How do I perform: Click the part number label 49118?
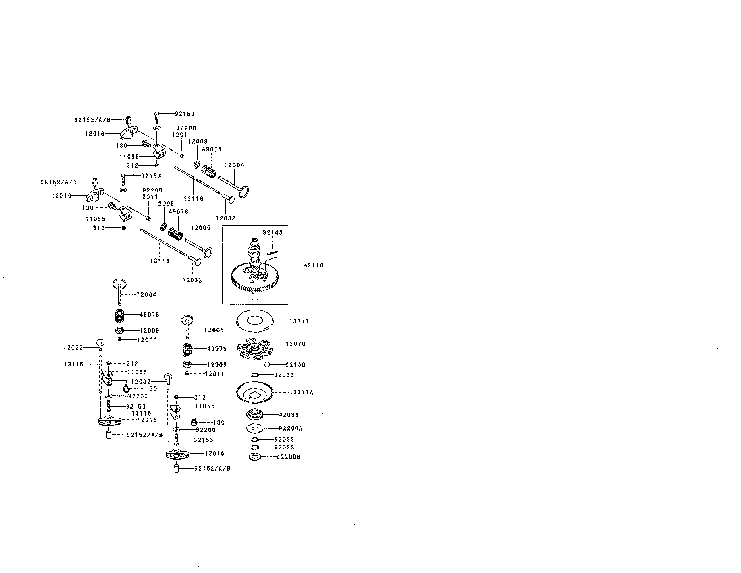coord(313,265)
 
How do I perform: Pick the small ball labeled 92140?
coord(267,365)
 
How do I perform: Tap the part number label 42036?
coord(289,415)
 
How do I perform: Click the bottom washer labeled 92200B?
coord(255,457)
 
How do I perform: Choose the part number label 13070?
coord(295,344)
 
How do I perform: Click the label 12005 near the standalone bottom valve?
coord(214,330)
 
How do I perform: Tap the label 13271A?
coord(301,392)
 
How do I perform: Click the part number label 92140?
coord(295,365)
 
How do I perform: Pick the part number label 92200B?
coord(288,457)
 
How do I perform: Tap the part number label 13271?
coord(299,321)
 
